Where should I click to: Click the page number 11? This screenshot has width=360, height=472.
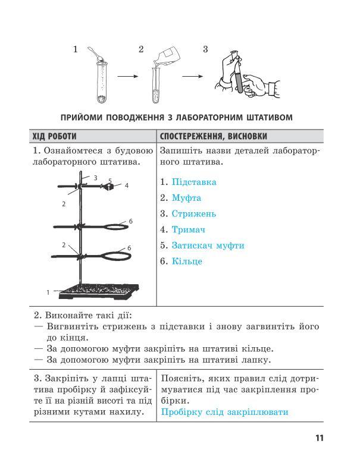[x=320, y=438]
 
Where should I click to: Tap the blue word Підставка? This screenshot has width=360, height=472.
[x=194, y=182]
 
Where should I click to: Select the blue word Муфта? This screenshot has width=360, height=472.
[x=186, y=198]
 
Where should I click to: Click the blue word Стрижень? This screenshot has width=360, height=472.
[x=194, y=214]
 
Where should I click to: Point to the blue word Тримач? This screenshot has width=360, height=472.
[x=188, y=229]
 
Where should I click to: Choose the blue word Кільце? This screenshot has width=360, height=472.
[x=187, y=261]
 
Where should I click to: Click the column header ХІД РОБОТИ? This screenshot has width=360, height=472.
[x=55, y=136]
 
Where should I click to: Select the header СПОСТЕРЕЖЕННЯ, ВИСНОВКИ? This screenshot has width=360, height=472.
[x=213, y=136]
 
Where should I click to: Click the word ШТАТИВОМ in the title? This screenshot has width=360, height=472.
[x=270, y=117]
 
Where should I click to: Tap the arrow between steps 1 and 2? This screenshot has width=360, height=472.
[x=128, y=77]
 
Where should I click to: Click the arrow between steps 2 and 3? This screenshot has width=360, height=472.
[x=193, y=77]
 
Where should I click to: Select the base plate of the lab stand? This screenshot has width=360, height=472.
[x=99, y=291]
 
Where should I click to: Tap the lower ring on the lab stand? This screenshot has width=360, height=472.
[x=117, y=257]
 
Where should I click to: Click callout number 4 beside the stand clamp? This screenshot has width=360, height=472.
[x=127, y=185]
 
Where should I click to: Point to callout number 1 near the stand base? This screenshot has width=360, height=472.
[x=48, y=292]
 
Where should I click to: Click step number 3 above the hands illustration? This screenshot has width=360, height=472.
[x=205, y=49]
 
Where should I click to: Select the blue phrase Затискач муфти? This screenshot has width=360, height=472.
[x=208, y=246]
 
